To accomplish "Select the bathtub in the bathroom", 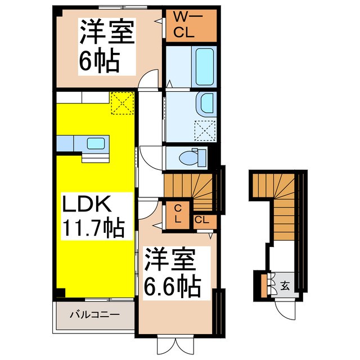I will pos(204,66).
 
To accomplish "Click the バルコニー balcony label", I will pos(94,314).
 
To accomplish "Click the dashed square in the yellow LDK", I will pos(121,102).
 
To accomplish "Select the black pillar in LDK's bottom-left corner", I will pos(60,293).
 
